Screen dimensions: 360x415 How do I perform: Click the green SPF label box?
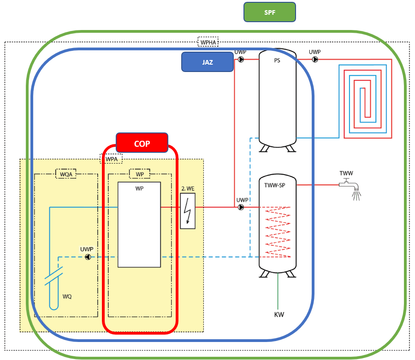[269, 12]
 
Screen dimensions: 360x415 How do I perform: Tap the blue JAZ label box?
[207, 62]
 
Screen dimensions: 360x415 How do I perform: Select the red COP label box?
[142, 143]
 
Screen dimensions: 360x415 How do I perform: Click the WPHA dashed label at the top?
[208, 42]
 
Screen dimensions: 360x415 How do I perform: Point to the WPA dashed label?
[111, 159]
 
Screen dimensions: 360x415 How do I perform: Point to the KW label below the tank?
[279, 315]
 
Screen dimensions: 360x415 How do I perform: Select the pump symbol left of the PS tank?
[241, 60]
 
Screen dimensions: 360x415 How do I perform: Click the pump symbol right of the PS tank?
[315, 60]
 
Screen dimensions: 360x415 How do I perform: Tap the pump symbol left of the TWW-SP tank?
[241, 207]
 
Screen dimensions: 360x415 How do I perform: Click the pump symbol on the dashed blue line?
[88, 257]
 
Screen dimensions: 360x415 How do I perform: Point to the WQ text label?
[67, 296]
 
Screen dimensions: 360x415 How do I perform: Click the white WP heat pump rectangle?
[139, 225]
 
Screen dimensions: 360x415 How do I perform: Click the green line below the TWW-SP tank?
[278, 291]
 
